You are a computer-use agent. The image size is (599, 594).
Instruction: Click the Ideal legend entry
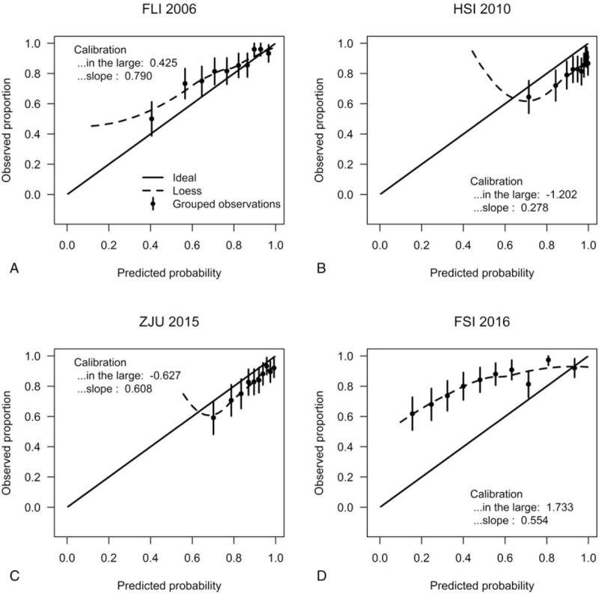pos(185,176)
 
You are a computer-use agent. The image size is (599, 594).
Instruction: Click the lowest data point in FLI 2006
pos(151,118)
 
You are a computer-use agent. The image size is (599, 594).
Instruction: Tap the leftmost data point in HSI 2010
pos(529,97)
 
